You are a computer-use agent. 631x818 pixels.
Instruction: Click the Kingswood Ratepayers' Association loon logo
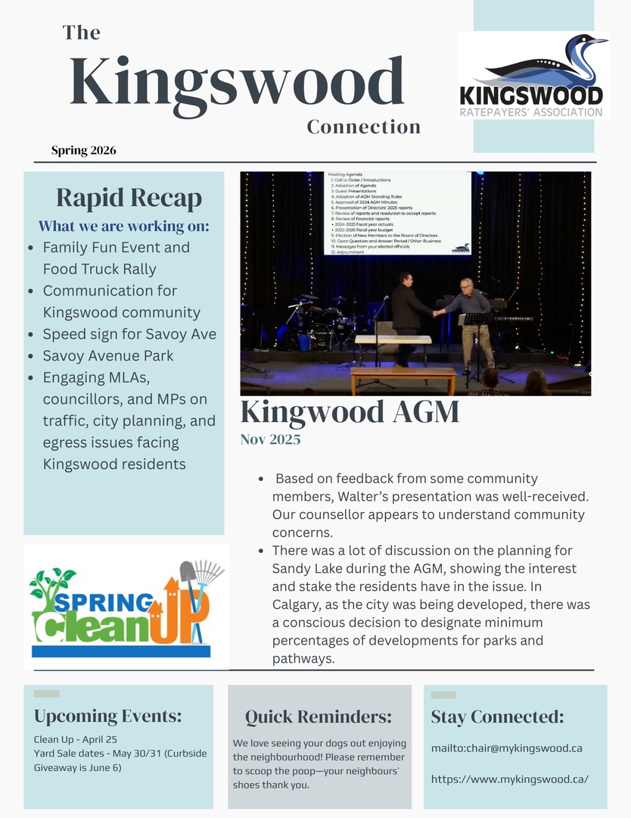click(x=533, y=74)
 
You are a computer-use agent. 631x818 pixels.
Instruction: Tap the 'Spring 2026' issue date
click(x=83, y=150)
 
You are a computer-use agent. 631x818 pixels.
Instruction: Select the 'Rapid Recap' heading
click(x=129, y=198)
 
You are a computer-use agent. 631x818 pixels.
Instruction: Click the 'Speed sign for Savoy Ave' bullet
click(x=129, y=334)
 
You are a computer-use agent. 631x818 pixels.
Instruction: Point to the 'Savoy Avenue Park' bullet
click(x=108, y=355)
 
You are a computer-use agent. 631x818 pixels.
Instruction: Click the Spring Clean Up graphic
click(x=126, y=606)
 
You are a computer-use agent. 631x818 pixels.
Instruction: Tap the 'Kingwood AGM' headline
click(x=350, y=412)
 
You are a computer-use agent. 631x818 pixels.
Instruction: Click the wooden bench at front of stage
click(x=403, y=376)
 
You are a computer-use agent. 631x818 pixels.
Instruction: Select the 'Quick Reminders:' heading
click(x=319, y=717)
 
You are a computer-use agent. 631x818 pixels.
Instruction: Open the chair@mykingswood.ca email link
click(x=507, y=748)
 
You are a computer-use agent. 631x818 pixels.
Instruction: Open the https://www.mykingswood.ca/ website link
click(x=510, y=779)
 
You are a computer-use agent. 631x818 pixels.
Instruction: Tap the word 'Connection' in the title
click(x=363, y=126)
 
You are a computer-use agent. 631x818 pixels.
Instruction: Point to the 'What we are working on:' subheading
click(x=124, y=226)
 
